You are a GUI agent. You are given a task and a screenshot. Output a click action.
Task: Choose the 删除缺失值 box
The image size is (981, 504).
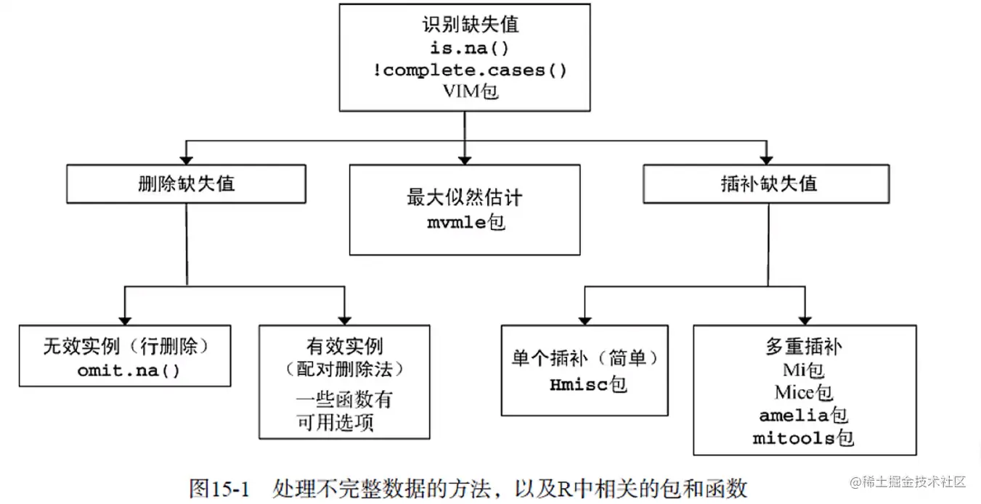[x=187, y=183]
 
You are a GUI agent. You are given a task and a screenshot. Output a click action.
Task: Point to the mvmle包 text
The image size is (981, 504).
[x=465, y=222]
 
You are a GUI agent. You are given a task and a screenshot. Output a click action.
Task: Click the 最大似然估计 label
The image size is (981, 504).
[x=465, y=198]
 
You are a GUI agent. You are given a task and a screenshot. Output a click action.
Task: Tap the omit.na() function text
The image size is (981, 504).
[x=128, y=370]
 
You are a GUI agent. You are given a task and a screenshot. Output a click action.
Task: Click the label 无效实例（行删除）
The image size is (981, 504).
[x=126, y=346]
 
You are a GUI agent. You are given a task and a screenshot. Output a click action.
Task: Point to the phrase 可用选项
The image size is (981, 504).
[x=335, y=423]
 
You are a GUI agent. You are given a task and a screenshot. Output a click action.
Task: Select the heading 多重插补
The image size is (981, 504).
[x=804, y=347]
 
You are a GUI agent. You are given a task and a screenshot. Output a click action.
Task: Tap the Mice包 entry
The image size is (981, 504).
[x=804, y=392]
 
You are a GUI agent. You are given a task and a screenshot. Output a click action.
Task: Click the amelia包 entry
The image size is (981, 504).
[x=804, y=416]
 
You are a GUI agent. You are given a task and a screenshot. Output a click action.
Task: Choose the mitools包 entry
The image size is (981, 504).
[x=804, y=438]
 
